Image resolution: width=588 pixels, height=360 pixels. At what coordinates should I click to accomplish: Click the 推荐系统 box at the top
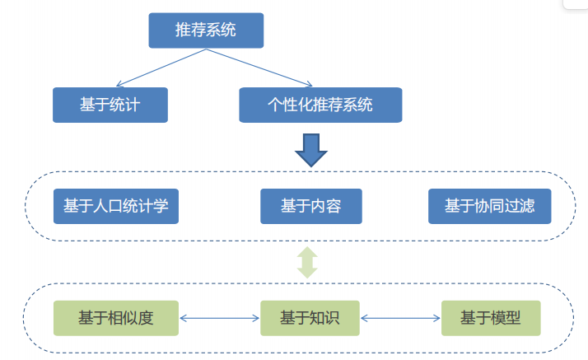(206, 30)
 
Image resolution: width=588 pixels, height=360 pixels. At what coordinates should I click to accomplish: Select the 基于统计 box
(110, 105)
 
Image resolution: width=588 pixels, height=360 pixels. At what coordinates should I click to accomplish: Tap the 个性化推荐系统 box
(320, 105)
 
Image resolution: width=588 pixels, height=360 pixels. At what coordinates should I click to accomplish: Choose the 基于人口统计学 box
(116, 206)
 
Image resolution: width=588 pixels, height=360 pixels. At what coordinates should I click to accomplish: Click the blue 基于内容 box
(310, 206)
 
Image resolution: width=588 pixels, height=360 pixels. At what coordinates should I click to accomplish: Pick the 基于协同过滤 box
(489, 206)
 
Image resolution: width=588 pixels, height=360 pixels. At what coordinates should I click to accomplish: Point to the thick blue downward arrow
(310, 148)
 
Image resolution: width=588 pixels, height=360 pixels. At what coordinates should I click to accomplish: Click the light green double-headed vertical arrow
(307, 262)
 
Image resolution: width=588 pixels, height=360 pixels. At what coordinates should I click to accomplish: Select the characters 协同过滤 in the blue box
(504, 206)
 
